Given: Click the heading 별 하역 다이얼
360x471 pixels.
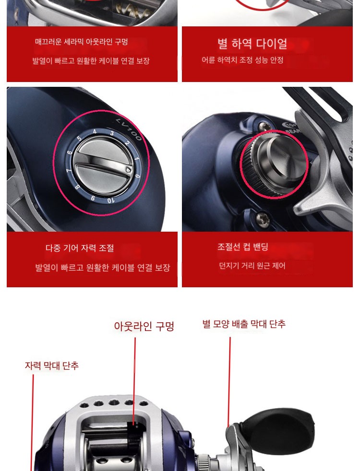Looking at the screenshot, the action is click(252, 44).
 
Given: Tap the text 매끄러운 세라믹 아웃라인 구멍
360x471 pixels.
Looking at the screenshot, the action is click(82, 41).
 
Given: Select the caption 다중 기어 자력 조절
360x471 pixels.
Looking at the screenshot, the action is click(80, 248).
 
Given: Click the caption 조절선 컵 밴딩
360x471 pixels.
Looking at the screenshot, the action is click(243, 247).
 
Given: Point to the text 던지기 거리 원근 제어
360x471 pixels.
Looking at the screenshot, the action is click(252, 266).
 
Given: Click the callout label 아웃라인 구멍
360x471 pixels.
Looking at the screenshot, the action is click(144, 326).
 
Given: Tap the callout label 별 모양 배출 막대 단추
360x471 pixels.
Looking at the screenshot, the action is click(244, 324).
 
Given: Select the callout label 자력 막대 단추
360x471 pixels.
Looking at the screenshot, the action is click(52, 365).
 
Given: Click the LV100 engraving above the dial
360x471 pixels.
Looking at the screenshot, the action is click(129, 129).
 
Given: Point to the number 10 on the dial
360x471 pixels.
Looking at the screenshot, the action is click(110, 200).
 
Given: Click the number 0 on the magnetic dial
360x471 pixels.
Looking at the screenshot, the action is click(137, 176).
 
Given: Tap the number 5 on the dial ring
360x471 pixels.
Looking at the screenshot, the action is click(79, 139).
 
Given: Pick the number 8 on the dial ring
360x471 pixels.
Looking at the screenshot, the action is click(77, 187).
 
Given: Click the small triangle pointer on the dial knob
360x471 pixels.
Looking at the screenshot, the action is click(129, 170).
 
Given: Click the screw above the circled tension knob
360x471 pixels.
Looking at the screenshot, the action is click(263, 125).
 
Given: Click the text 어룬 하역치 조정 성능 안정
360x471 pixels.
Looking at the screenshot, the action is click(242, 60).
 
